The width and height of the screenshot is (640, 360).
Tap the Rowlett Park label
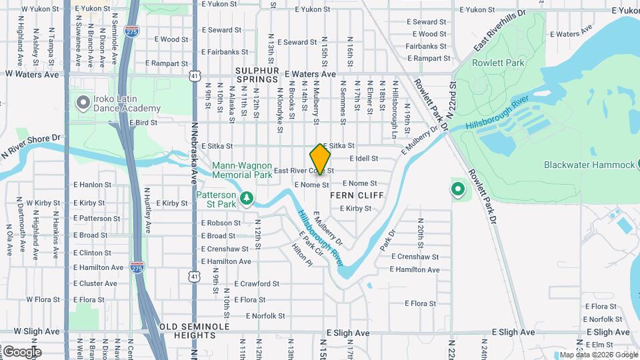(x=498, y=63)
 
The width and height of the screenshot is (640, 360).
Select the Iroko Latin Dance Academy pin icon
(x=83, y=102)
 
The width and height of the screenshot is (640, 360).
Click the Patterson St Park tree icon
(x=247, y=197)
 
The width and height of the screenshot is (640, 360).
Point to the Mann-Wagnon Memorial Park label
(x=242, y=170)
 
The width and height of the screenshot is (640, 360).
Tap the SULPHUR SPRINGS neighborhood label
(x=256, y=75)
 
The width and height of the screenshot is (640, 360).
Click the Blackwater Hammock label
(x=589, y=165)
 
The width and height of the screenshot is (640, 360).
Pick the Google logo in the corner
(x=21, y=351)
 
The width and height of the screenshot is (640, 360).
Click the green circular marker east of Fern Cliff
(x=458, y=190)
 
